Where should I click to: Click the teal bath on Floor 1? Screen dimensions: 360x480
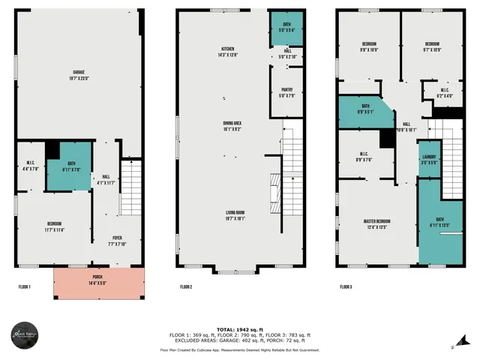click(x=70, y=166)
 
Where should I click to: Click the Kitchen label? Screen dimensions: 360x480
click(x=223, y=53)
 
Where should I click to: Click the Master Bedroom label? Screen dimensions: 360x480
click(x=376, y=223)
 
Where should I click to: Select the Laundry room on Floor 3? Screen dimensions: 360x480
click(x=428, y=159)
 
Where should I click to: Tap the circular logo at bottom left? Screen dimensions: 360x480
click(x=25, y=335)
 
